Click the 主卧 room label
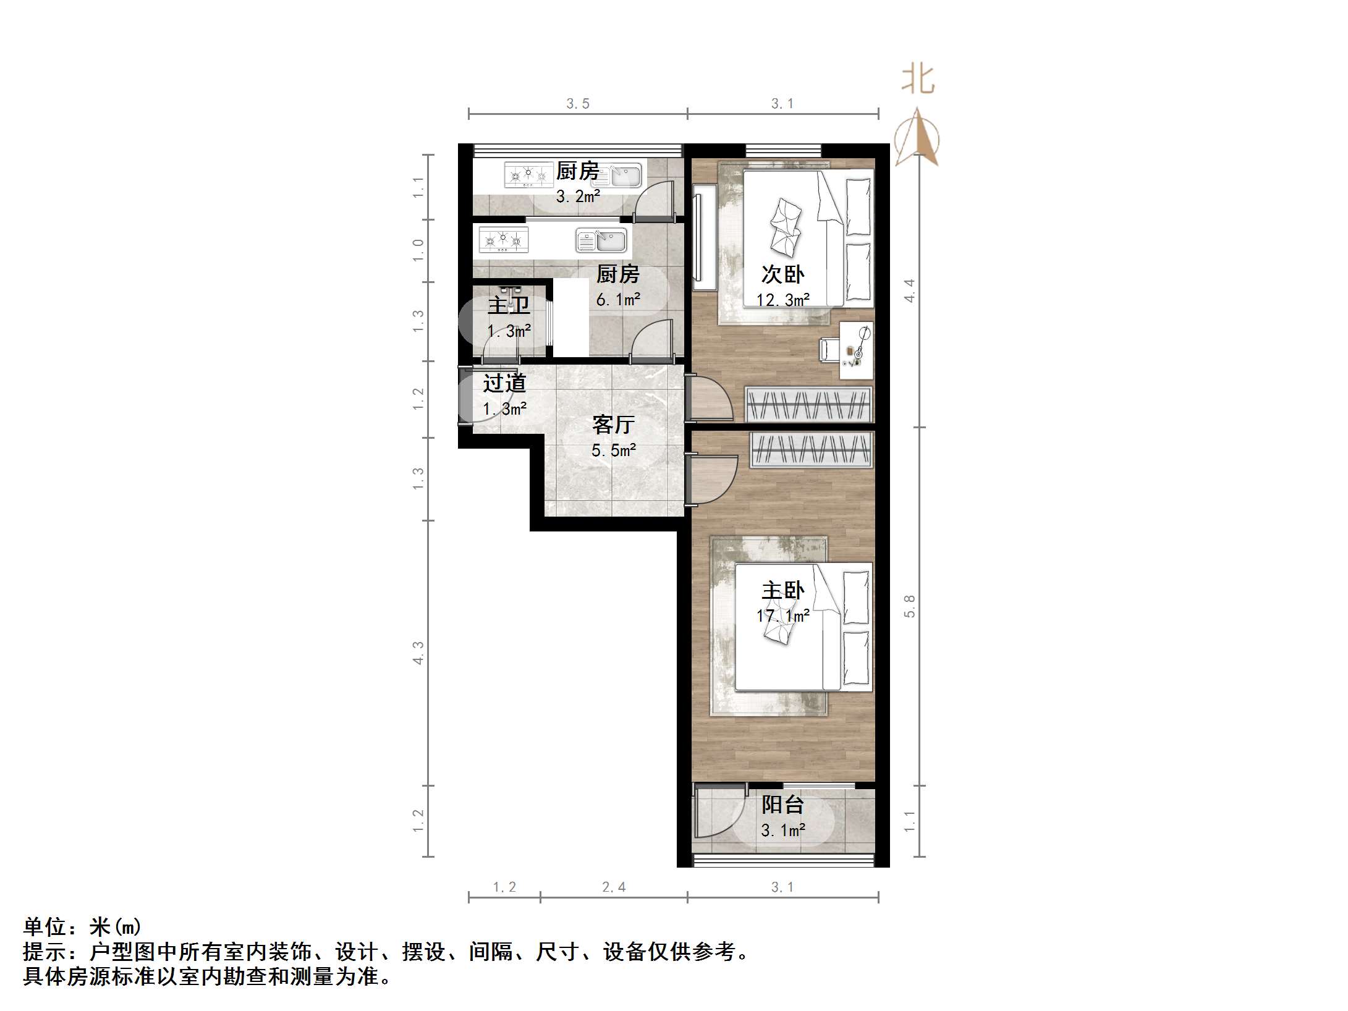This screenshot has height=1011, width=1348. point(782,590)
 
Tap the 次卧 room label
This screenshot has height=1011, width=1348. point(782,274)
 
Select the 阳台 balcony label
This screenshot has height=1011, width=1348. point(782,804)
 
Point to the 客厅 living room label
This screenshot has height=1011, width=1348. point(613,424)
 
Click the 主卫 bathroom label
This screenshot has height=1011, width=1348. point(509,305)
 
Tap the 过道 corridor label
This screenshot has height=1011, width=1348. point(504,383)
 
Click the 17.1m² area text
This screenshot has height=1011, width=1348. point(783,616)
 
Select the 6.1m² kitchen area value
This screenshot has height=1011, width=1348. point(618,300)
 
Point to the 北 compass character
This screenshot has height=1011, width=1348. point(918,80)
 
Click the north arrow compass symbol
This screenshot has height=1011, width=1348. point(918,137)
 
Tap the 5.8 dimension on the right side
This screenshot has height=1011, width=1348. point(909,606)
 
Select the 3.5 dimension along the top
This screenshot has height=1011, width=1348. point(578,104)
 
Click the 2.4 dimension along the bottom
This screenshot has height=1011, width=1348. point(614,887)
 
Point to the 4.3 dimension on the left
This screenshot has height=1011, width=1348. point(418,653)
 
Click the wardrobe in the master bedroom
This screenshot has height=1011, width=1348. point(812,449)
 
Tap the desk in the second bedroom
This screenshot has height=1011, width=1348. point(857,350)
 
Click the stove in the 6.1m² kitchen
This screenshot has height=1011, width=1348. point(504,240)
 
